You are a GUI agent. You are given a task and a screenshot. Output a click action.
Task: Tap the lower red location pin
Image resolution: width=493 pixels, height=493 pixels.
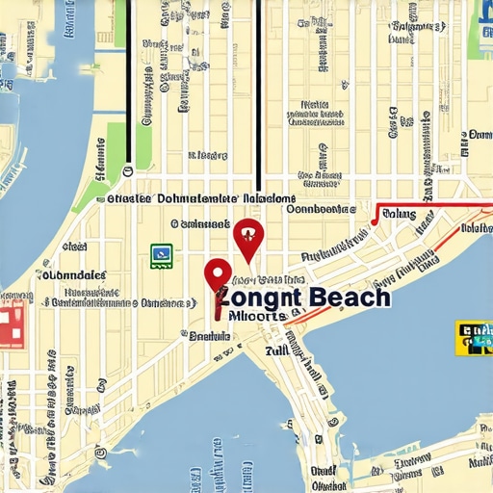click(x=218, y=274)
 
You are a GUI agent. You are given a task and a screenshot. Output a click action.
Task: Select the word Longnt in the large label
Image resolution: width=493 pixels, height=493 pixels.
click(x=258, y=298)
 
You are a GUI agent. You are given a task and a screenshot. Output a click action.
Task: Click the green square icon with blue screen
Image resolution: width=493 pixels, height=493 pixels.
click(x=161, y=253)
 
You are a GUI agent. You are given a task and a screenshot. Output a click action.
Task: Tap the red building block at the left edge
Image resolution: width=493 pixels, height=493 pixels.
click(x=11, y=324)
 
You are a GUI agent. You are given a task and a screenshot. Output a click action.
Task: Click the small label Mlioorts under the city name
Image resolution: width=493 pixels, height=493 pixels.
click(x=257, y=315)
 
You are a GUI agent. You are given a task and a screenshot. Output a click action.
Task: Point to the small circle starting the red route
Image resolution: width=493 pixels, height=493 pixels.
click(x=375, y=221)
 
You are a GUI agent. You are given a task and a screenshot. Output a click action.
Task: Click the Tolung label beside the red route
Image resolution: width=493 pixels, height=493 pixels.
click(x=399, y=215)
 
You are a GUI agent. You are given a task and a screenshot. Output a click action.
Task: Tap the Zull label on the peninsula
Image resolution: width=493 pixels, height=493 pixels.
click(x=276, y=351)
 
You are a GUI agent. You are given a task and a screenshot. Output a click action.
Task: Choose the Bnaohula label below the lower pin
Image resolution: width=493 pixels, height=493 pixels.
click(x=209, y=336)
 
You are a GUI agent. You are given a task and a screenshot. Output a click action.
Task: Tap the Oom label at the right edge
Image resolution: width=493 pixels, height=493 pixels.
click(x=479, y=135)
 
